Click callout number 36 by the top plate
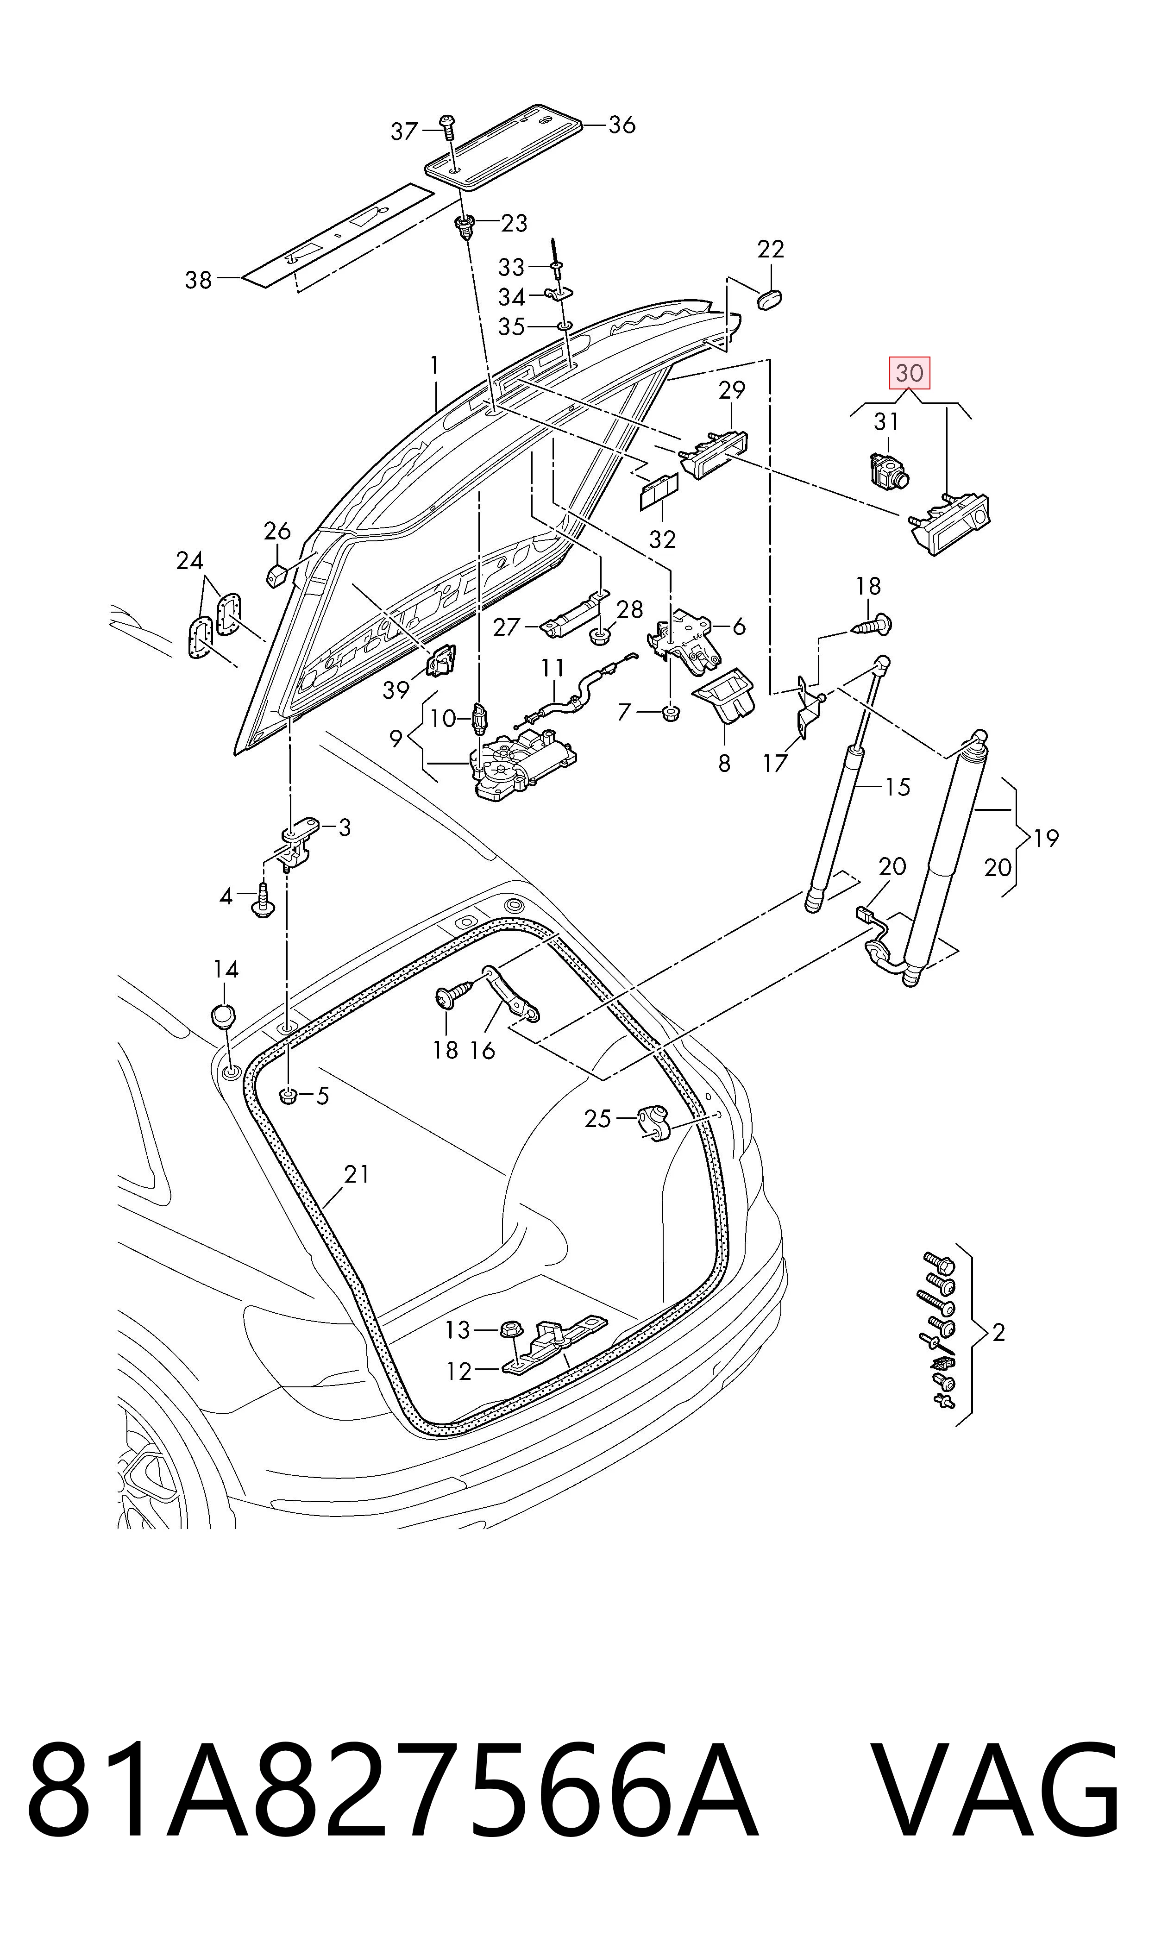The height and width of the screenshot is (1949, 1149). point(621,125)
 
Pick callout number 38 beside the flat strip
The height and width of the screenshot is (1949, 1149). point(198,279)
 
